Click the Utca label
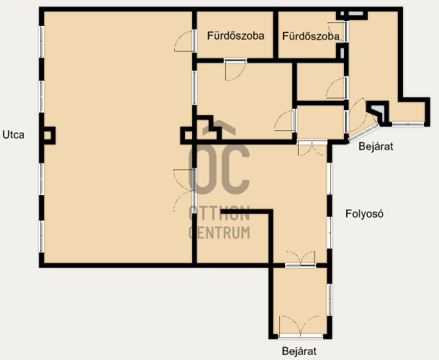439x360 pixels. point(14,135)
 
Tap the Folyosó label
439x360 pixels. point(364,214)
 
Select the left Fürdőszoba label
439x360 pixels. point(236,36)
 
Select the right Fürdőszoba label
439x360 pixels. point(311,37)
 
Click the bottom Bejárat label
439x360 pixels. point(299,351)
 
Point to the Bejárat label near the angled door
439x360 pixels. point(376,146)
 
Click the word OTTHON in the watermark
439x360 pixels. point(219,213)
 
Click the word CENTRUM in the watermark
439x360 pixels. point(219,233)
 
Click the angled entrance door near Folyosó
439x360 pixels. point(363,132)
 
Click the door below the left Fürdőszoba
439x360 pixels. point(235,70)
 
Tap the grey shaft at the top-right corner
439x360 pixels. point(356,14)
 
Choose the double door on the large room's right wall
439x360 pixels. point(184,190)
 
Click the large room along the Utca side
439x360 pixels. point(117,138)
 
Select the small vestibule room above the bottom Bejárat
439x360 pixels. point(299,300)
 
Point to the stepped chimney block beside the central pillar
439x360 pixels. point(209,128)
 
